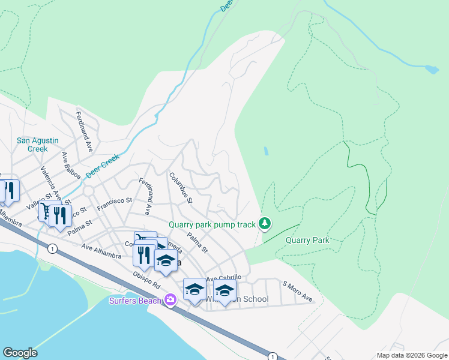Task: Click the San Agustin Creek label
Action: coord(37,145)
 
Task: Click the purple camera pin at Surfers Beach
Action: coord(171,299)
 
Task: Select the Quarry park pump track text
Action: coord(212,224)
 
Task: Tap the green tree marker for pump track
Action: coord(265,224)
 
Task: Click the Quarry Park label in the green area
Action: coord(307,240)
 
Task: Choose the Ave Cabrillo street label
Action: coord(224,278)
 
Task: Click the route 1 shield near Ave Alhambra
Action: coord(53,248)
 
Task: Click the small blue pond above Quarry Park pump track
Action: coord(265,151)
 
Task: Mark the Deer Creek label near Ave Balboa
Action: coord(102,166)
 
